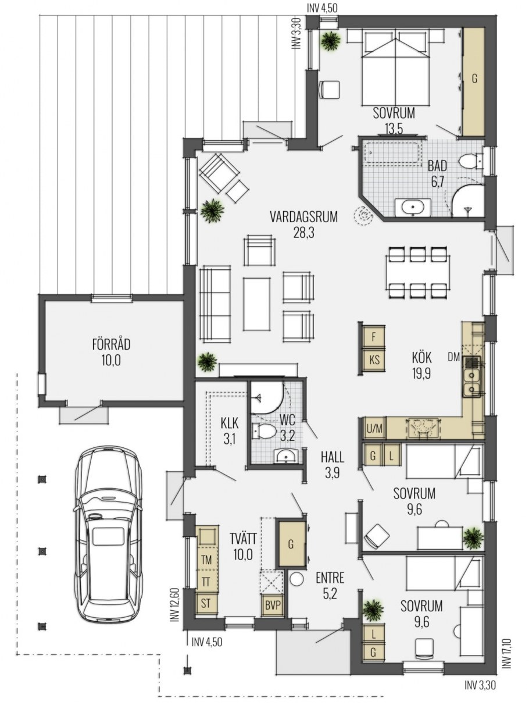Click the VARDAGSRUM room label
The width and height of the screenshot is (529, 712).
point(303,217)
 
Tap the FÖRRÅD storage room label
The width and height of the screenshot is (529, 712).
point(111,344)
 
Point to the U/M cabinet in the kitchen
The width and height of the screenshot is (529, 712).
point(374,428)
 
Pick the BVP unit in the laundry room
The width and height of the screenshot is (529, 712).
point(273,605)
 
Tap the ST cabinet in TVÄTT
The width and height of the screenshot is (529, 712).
point(206,603)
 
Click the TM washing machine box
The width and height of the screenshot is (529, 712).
point(206,560)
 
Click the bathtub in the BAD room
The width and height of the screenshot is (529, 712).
point(392,153)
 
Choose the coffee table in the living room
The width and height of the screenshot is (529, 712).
point(256,304)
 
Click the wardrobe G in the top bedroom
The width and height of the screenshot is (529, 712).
point(474,81)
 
